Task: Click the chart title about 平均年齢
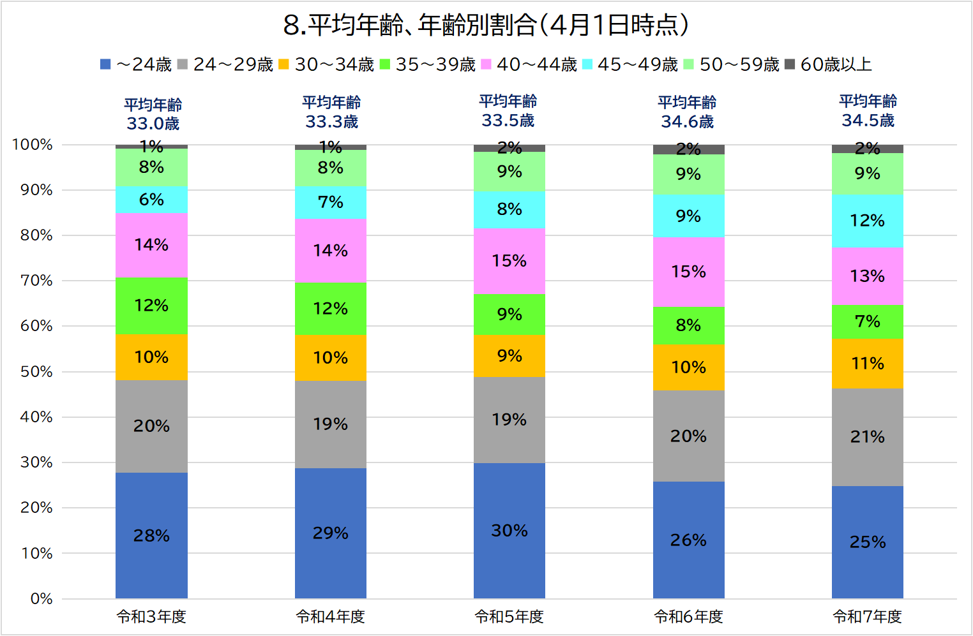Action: (487, 26)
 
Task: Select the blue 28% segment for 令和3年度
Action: (151, 535)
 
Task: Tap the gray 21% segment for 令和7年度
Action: (867, 437)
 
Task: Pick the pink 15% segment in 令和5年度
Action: (509, 261)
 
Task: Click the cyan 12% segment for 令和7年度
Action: (867, 221)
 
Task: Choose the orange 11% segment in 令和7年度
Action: (867, 364)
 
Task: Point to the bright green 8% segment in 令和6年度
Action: (688, 325)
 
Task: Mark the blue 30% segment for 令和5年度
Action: (509, 530)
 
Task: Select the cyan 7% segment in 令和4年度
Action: (330, 202)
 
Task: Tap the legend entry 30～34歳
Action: (326, 64)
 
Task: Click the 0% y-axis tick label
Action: (41, 598)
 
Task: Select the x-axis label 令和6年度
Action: (688, 617)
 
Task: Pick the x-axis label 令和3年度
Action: (151, 617)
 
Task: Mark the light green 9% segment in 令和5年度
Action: (509, 172)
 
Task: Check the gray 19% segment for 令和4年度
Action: (330, 424)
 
